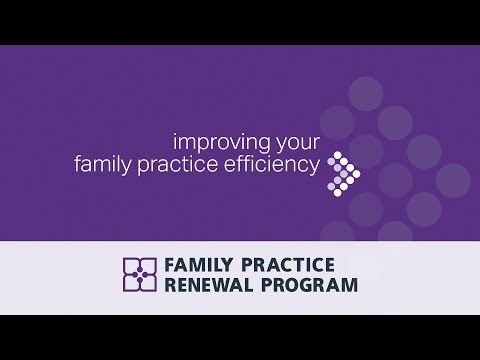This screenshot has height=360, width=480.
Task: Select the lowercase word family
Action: [x=103, y=163]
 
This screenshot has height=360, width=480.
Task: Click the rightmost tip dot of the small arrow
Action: [x=357, y=171]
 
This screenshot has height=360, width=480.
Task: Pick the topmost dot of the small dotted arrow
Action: [x=335, y=155]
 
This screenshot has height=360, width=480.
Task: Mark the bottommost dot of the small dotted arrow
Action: [x=335, y=188]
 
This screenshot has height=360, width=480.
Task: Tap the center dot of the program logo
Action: [x=139, y=274]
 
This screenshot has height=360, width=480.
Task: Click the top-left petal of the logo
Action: [x=131, y=266]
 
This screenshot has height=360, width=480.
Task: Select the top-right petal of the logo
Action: [x=148, y=266]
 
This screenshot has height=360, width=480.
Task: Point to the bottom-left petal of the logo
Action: [x=131, y=283]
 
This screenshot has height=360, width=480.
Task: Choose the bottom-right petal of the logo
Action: [x=148, y=283]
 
